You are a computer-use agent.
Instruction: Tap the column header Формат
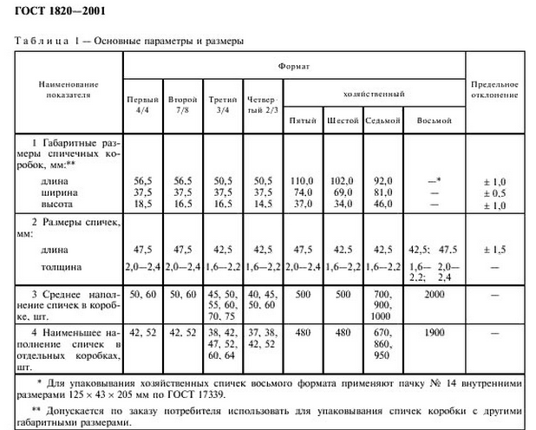[x=294, y=65]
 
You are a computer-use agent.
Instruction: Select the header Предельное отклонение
[x=494, y=90]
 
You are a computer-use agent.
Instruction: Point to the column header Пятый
[x=303, y=120]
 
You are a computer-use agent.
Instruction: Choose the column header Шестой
[x=343, y=120]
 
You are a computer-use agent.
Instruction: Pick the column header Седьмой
[x=382, y=120]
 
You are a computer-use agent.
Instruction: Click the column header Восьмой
[x=435, y=120]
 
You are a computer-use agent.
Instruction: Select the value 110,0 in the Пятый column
[x=303, y=180]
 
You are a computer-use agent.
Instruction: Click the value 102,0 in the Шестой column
[x=343, y=180]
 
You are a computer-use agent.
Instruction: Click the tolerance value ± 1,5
[x=495, y=247]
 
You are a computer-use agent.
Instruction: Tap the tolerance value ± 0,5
[x=495, y=192]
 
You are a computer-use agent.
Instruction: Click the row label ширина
[x=49, y=192]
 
